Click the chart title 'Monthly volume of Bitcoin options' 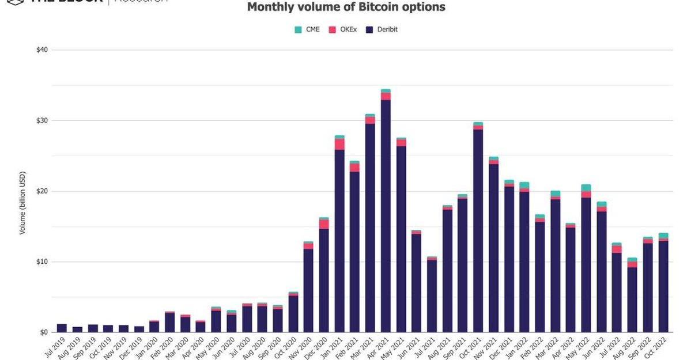346,7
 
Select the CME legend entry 308,29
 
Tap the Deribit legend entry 382,29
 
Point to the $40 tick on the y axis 41,50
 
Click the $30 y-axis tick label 41,121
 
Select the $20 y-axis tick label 41,191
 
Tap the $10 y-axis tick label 41,262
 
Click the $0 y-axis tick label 43,332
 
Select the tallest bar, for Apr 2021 386,213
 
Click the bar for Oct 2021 478,230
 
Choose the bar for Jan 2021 339,236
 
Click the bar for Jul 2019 62,328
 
